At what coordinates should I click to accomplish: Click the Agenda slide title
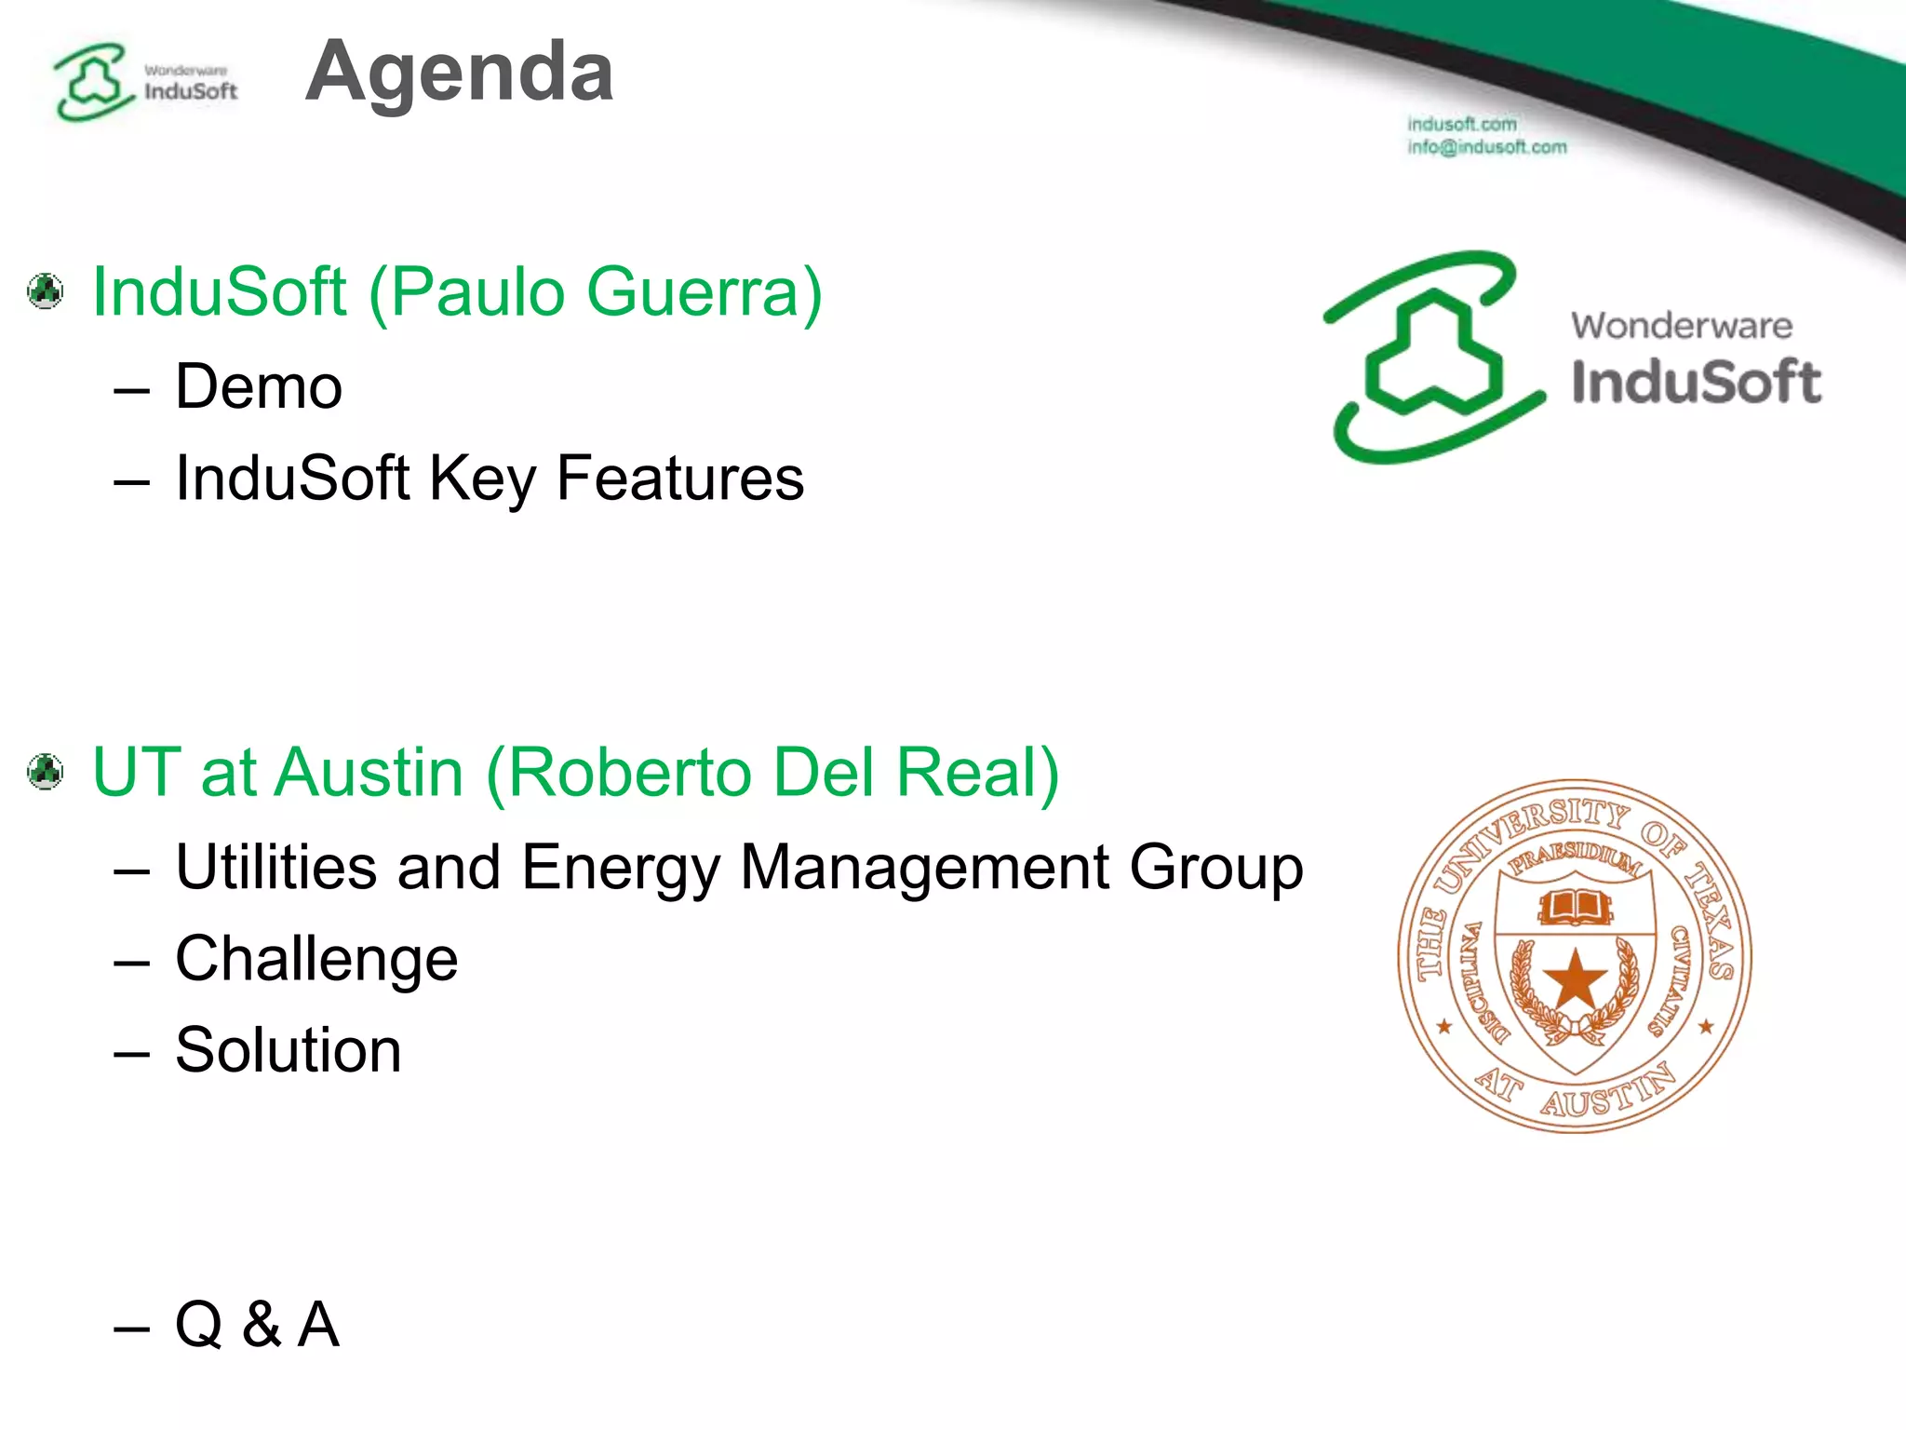[459, 73]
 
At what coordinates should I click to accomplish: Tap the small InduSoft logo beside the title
[144, 82]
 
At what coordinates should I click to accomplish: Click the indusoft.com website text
[1461, 124]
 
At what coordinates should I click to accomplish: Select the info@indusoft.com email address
[1486, 147]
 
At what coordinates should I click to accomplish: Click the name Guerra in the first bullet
[705, 292]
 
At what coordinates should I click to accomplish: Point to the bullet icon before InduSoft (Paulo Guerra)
[46, 291]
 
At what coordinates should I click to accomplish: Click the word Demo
[259, 386]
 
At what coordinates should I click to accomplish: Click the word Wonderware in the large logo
[1681, 326]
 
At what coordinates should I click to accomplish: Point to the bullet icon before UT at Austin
[46, 772]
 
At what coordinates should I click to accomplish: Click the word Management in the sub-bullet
[925, 868]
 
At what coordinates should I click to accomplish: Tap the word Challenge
[316, 959]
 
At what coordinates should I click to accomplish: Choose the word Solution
[289, 1050]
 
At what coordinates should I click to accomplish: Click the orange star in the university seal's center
[1575, 979]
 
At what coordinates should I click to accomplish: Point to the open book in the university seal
[1575, 906]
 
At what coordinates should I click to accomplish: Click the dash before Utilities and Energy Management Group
[131, 870]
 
